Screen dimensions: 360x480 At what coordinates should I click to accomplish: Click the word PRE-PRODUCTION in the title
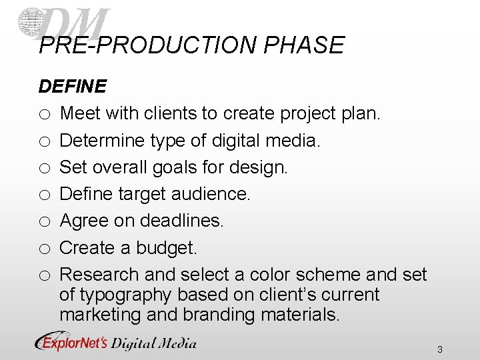click(x=148, y=45)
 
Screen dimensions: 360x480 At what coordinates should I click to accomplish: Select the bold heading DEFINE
click(x=72, y=87)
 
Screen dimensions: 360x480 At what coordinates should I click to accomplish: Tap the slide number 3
click(x=440, y=349)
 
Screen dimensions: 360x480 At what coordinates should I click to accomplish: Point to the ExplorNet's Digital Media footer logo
click(x=116, y=343)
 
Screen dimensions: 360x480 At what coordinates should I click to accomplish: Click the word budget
click(x=166, y=248)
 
